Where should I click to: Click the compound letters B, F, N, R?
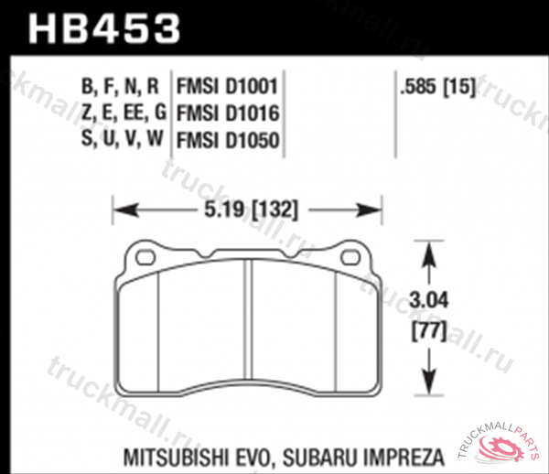[x=121, y=87]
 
